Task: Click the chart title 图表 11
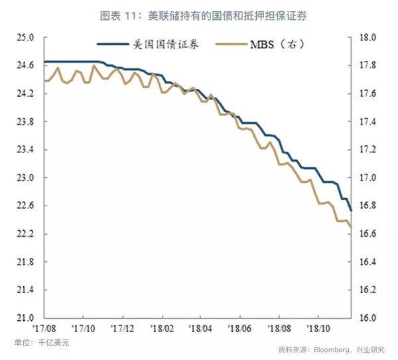tap(198, 15)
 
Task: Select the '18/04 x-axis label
tap(200, 328)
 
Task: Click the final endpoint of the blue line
tap(351, 210)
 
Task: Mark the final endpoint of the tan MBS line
tap(351, 227)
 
